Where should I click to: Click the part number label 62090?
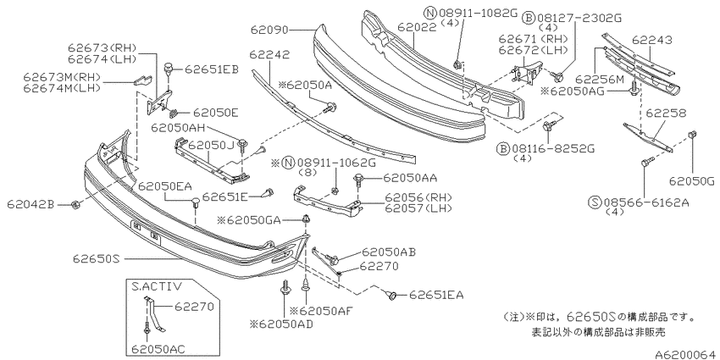[269, 30]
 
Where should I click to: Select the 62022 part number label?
[417, 28]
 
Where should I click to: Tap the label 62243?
[651, 40]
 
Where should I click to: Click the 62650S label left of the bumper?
[96, 259]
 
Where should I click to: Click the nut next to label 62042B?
[76, 204]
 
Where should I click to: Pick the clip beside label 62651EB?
[169, 68]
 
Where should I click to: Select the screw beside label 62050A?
[330, 108]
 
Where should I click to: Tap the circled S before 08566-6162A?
[595, 202]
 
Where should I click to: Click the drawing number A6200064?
[686, 354]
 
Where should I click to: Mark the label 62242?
[269, 55]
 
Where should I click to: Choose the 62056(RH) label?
[418, 197]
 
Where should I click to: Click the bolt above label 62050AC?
[147, 330]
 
